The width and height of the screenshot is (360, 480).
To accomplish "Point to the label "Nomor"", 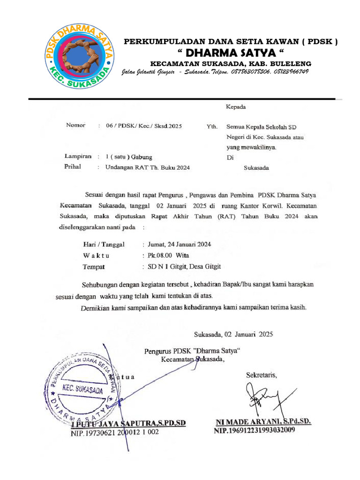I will [x=75, y=126].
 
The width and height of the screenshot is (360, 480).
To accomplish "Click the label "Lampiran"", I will [x=77, y=157].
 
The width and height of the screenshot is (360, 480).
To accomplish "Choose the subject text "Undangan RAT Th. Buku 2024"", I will [x=147, y=167].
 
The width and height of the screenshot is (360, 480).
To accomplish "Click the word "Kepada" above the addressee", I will [x=236, y=107].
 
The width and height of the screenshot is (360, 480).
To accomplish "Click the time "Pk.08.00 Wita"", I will [x=168, y=255].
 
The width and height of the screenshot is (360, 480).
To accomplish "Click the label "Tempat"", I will [x=93, y=267].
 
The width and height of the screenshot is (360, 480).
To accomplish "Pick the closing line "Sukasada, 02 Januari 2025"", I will [x=233, y=334].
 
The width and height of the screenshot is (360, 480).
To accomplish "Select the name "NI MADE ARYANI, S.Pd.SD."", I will [x=262, y=421].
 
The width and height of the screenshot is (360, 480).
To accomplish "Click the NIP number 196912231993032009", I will [x=255, y=430].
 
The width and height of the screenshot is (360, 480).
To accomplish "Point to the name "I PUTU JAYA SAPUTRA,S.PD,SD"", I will [x=128, y=423].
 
